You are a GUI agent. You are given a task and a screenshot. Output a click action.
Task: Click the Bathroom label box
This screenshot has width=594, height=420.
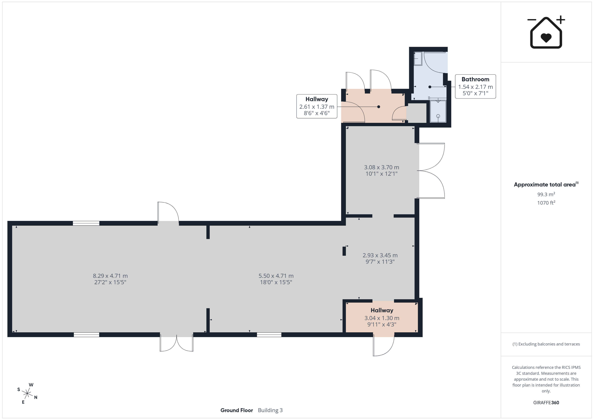click(475, 86)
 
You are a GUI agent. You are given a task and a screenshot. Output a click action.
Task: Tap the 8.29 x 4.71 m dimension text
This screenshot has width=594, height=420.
click(110, 276)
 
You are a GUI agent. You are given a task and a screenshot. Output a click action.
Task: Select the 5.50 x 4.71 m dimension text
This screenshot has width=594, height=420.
click(276, 276)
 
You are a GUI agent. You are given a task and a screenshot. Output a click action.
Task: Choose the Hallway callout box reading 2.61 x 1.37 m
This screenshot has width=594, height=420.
click(317, 106)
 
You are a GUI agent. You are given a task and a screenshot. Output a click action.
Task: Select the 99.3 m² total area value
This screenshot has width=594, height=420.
click(546, 194)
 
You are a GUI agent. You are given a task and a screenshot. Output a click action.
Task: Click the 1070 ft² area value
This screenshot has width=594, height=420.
click(546, 203)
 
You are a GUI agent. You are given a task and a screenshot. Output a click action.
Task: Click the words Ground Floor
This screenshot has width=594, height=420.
click(236, 410)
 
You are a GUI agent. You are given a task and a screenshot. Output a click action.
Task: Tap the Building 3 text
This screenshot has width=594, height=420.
click(270, 410)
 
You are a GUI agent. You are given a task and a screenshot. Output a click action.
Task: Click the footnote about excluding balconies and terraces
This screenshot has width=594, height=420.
click(546, 344)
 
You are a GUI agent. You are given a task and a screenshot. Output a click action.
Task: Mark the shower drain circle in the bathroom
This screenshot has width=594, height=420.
click(438, 116)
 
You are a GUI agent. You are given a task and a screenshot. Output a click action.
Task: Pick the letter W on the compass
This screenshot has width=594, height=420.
click(31, 385)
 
